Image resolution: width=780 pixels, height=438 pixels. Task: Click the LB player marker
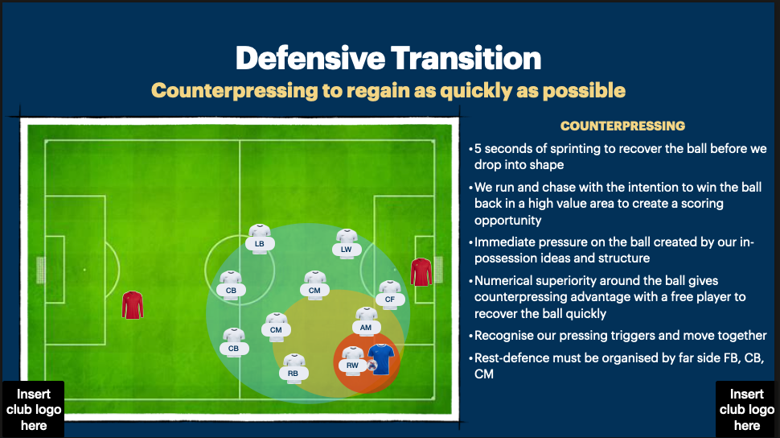[x=260, y=238]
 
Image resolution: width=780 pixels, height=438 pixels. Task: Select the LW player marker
[x=347, y=243]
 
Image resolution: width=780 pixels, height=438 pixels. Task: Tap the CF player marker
[x=390, y=294]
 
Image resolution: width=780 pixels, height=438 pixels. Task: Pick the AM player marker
[x=366, y=322]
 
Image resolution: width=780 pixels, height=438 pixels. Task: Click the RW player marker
[x=353, y=360]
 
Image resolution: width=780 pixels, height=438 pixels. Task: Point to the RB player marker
[x=294, y=368]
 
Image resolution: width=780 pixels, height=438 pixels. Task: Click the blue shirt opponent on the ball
[x=380, y=359]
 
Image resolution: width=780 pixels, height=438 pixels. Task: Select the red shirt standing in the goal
[x=421, y=272]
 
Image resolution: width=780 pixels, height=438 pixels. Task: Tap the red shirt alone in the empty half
[x=132, y=305]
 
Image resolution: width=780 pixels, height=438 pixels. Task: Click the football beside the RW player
[x=372, y=365]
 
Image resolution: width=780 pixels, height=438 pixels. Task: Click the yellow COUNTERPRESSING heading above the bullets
[x=622, y=126]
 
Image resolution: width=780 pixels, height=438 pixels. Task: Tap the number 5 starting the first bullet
[x=478, y=149]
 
